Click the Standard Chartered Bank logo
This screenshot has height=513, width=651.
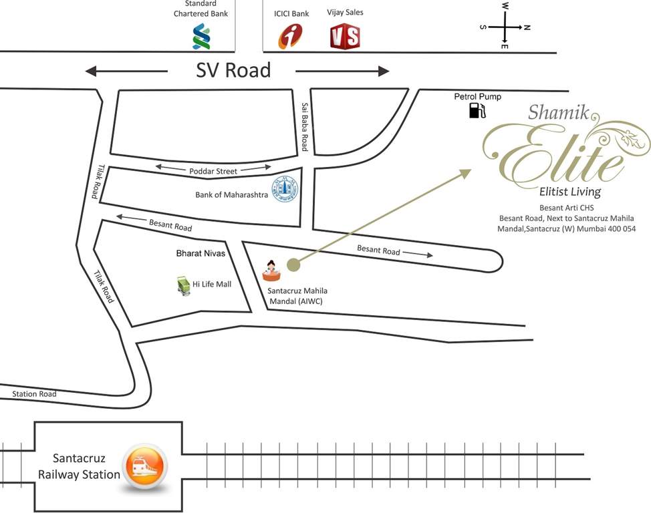coord(201,36)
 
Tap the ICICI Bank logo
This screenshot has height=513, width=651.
coord(290,36)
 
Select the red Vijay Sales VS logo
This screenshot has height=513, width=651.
coord(345,36)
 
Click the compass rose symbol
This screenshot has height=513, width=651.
coord(505,27)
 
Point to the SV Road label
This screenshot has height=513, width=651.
coord(233,70)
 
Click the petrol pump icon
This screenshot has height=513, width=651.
coord(477,110)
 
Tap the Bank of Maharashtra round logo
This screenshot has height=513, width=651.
coord(283,190)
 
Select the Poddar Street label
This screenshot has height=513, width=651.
coord(213,171)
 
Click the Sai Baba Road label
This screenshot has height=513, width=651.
coord(305,127)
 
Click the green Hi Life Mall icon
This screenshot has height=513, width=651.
coord(182,285)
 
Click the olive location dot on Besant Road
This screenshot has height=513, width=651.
coord(293,265)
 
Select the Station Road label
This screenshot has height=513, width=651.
coord(34,394)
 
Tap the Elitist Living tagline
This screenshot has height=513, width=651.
coord(570,192)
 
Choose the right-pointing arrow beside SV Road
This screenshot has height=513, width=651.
coord(342,71)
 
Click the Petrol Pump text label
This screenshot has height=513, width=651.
coord(477,97)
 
